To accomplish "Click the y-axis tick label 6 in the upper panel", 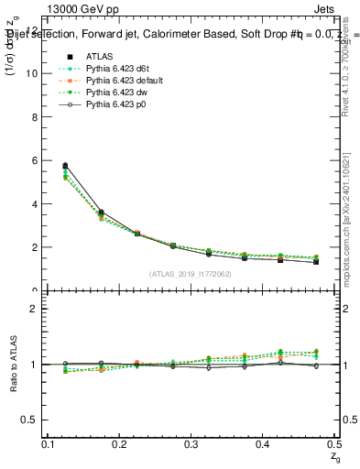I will (x=35, y=160).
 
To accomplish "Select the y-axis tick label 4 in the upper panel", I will (x=35, y=203).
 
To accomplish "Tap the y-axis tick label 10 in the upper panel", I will (x=32, y=73).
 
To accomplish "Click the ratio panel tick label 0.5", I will (x=30, y=420).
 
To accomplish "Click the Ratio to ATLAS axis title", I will (x=13, y=365).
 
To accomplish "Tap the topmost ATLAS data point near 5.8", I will (x=65, y=166).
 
